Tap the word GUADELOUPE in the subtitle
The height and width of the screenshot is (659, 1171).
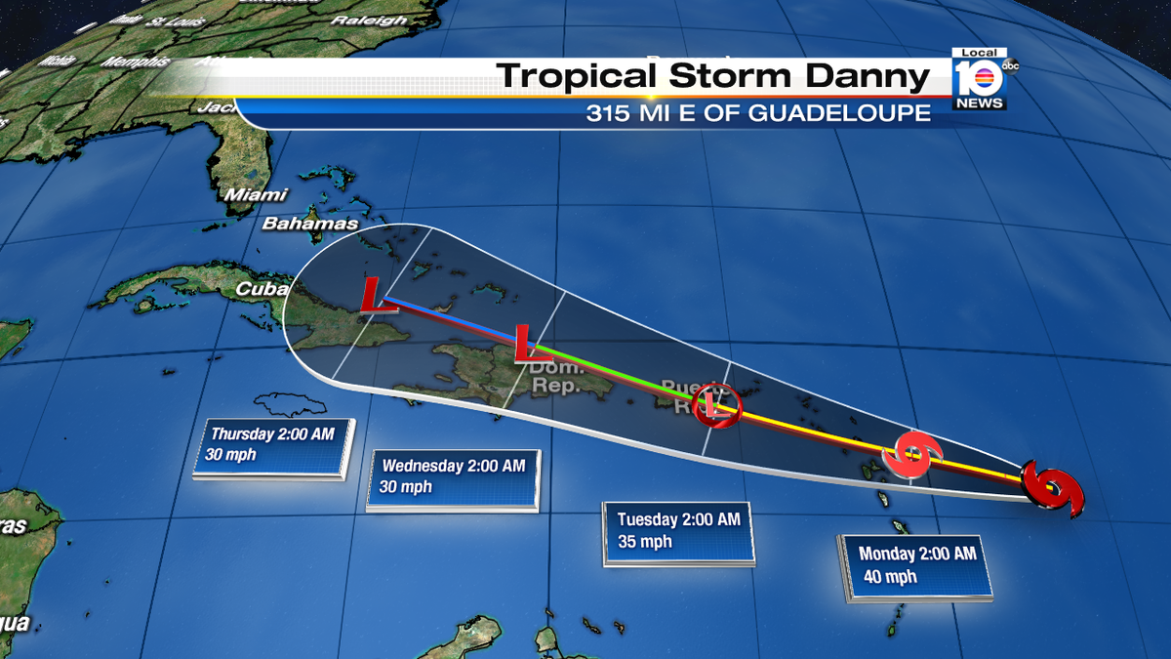click(839, 113)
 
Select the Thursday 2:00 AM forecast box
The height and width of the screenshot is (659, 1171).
click(272, 446)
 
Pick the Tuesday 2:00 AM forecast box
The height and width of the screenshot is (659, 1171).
click(678, 532)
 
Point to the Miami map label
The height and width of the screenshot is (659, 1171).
click(256, 195)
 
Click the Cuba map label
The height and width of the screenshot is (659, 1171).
click(261, 289)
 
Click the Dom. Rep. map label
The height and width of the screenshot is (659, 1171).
click(556, 377)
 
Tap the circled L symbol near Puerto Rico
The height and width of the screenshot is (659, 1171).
click(717, 405)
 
